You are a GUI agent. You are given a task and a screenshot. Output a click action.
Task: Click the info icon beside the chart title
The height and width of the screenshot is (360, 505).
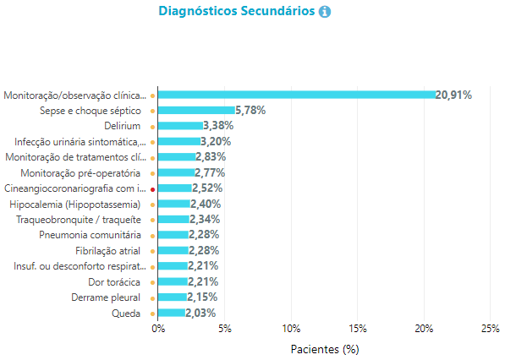coord(325,12)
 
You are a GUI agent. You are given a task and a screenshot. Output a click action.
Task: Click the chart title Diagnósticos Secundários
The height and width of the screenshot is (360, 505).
coord(237,11)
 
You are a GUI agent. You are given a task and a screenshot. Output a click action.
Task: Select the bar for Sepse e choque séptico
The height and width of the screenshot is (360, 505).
coord(196,111)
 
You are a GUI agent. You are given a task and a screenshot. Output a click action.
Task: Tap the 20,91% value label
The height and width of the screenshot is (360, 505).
coord(453,95)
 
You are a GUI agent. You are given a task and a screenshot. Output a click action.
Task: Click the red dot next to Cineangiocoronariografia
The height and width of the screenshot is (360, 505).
coord(152,190)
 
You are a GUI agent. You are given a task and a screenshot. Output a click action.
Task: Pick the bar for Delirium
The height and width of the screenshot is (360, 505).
coord(181,126)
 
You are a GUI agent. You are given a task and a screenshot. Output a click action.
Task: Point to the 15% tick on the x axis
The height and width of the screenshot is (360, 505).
coord(358,329)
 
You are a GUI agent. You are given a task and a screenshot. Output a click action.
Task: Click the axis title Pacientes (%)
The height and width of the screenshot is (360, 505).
coord(325,349)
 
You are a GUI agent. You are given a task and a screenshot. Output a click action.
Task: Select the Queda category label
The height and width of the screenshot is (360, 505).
coord(126,314)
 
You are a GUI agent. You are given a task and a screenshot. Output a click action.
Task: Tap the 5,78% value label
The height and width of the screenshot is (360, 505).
coord(250,111)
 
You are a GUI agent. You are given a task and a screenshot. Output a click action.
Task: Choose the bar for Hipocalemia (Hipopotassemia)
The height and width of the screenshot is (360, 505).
coord(174,204)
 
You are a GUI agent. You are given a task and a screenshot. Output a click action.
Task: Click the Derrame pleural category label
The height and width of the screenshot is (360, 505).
coord(106,297)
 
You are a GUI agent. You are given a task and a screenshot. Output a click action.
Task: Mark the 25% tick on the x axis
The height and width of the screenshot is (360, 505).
coord(490,329)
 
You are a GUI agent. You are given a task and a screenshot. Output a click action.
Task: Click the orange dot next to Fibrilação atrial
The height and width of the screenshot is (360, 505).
coord(152,252)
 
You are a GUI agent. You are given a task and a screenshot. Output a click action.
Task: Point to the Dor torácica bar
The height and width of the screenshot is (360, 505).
coord(173,282)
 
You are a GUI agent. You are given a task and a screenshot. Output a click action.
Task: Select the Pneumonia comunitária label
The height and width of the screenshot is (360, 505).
coord(90,235)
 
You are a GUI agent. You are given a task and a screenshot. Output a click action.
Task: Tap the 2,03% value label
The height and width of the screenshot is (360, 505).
coord(200,313)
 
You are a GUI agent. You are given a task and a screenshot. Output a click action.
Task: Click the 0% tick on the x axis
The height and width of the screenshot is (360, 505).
coord(158,329)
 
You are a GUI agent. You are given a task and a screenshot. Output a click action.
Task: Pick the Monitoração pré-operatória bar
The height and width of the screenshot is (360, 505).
coord(177,172)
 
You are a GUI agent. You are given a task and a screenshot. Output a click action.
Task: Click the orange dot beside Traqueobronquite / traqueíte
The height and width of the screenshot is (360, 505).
coord(152,221)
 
